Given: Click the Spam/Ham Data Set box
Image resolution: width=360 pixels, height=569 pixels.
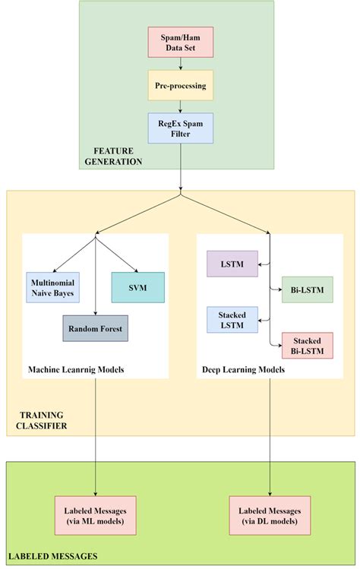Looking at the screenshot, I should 182,43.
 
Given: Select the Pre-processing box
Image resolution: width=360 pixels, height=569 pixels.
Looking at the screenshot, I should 181,86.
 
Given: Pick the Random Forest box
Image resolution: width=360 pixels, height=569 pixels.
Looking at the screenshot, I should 96,328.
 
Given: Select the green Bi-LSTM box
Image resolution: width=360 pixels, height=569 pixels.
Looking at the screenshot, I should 306,289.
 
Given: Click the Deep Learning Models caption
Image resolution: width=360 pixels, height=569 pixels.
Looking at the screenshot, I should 244,370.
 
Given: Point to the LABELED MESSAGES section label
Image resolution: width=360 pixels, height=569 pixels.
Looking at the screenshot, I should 52,557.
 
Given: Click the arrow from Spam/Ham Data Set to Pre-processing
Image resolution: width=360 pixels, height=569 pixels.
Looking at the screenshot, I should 181,66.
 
